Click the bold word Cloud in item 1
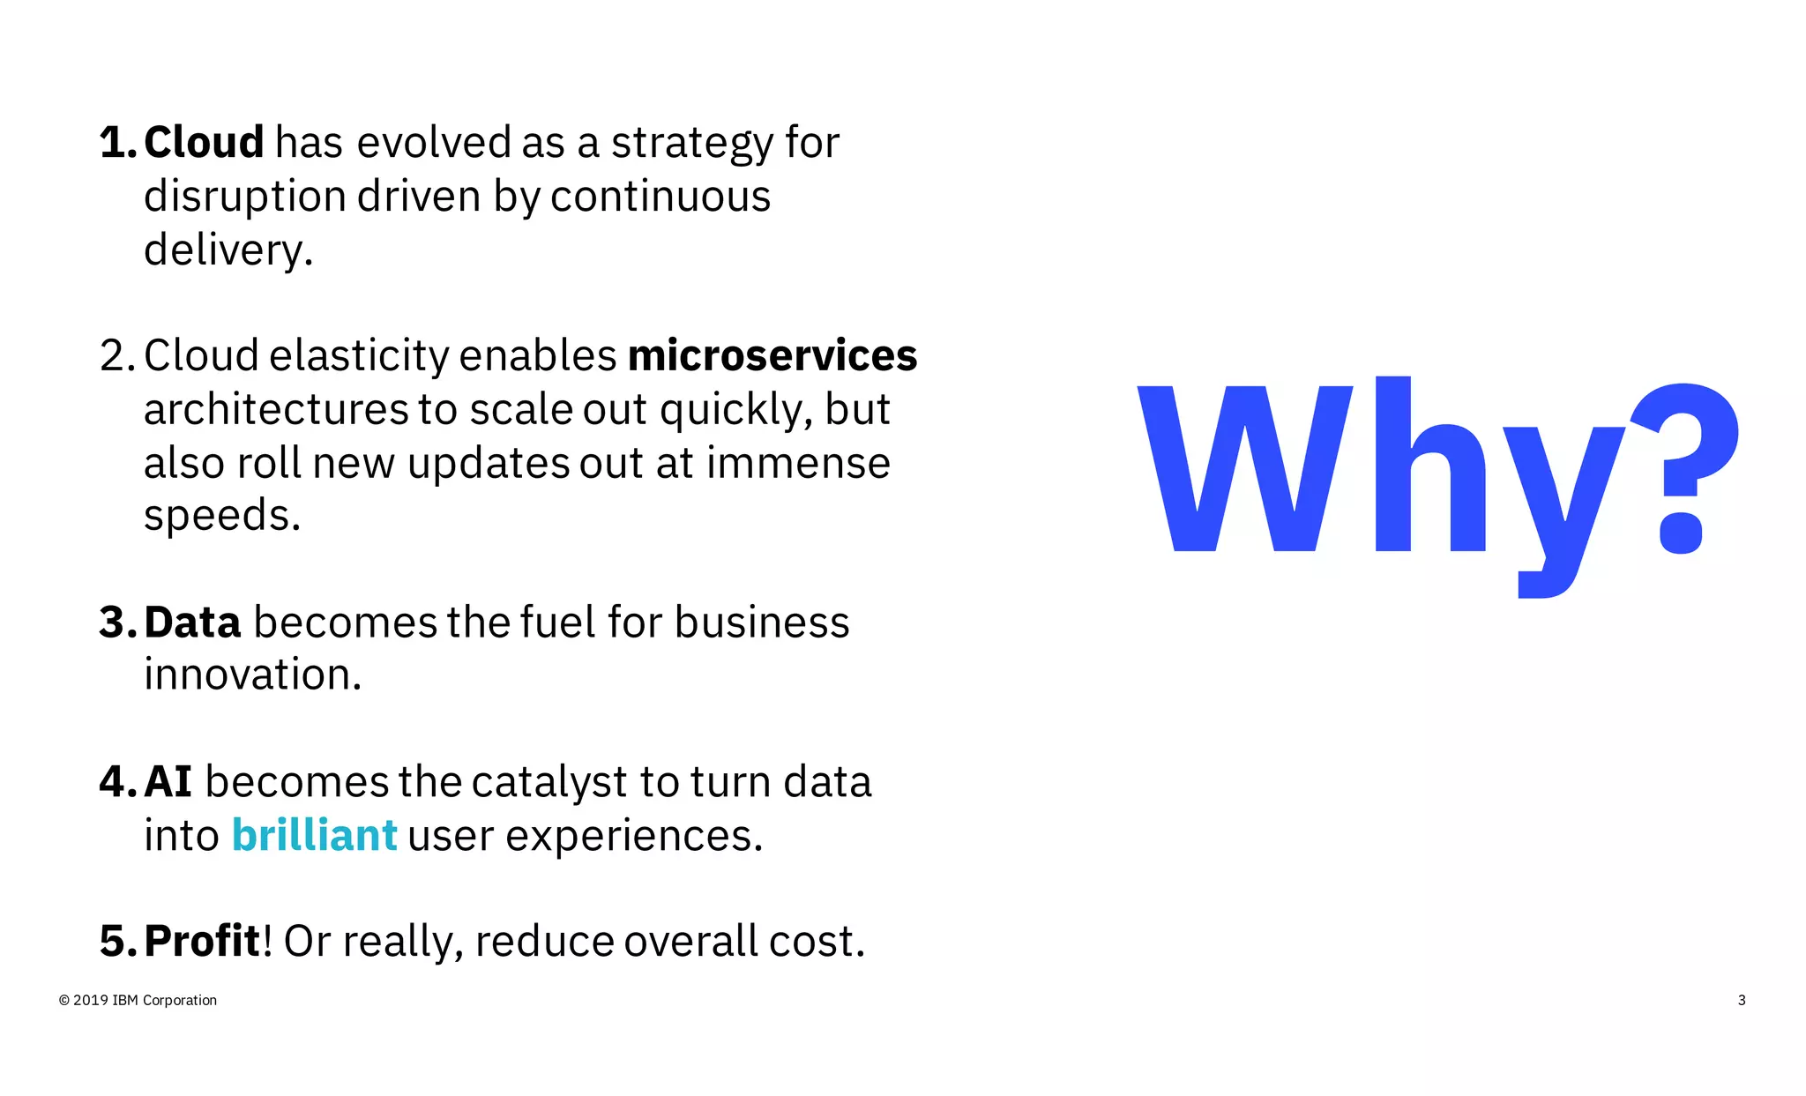click(x=204, y=143)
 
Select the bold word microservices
click(x=772, y=356)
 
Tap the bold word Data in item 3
click(x=192, y=623)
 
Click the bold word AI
click(x=168, y=782)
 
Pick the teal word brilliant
click(x=314, y=836)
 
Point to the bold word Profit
click(x=202, y=942)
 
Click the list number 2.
click(x=116, y=356)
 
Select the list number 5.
click(x=116, y=942)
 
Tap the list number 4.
click(x=116, y=782)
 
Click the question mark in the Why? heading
click(x=1684, y=467)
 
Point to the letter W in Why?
click(x=1245, y=467)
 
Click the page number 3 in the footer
click(x=1742, y=1001)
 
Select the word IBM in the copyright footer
click(x=125, y=1001)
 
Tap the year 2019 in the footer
click(x=91, y=1001)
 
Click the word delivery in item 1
click(x=228, y=250)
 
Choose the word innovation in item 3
click(x=252, y=675)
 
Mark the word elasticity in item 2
click(x=359, y=356)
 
